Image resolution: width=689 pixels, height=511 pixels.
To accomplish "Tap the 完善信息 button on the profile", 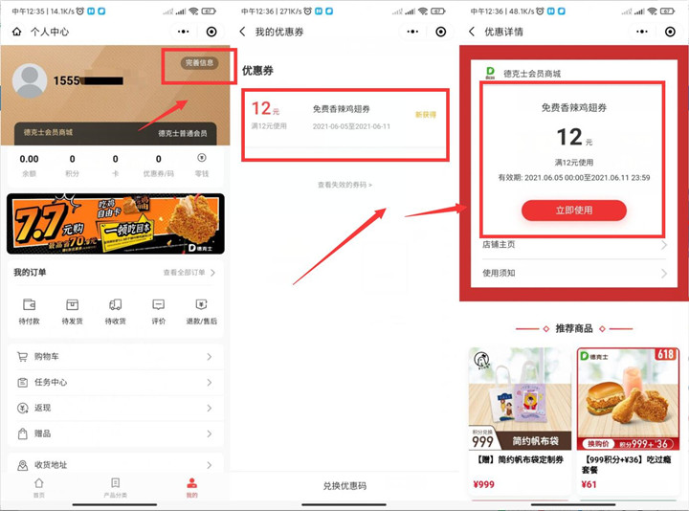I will coord(200,63).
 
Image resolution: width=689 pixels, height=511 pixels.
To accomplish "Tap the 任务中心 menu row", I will coord(115,383).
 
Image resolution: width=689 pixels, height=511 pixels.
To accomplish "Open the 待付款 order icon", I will coord(30,306).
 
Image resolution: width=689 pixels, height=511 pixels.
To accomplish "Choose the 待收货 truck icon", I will coord(116,306).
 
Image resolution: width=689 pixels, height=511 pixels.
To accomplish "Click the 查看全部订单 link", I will coord(189,273).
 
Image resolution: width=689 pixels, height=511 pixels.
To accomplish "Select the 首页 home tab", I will coord(38,486).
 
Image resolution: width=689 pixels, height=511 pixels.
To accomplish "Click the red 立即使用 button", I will coord(573,211).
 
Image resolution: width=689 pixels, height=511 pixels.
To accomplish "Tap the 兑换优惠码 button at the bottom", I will coord(344,487).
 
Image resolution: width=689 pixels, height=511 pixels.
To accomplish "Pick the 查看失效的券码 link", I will coord(344,184).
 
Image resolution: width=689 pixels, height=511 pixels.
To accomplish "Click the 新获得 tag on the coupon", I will coord(425,114).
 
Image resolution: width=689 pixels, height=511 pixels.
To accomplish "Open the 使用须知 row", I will coord(574,274).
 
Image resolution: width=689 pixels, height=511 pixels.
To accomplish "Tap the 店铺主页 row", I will coord(574,245).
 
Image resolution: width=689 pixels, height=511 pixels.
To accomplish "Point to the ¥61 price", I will coord(589,485).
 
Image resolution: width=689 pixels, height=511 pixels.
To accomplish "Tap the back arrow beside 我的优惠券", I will coord(243,32).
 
